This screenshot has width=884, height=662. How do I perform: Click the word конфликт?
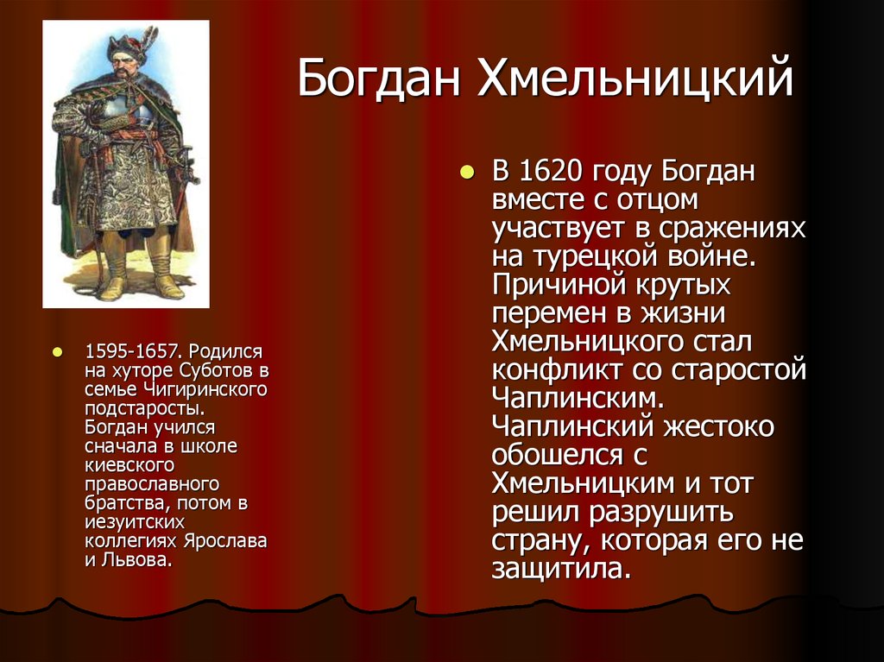point(552,370)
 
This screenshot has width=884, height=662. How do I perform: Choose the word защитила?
point(557,569)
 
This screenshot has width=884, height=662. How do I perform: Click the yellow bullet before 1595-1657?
point(58,352)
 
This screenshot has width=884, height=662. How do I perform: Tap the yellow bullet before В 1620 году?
point(467,172)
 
